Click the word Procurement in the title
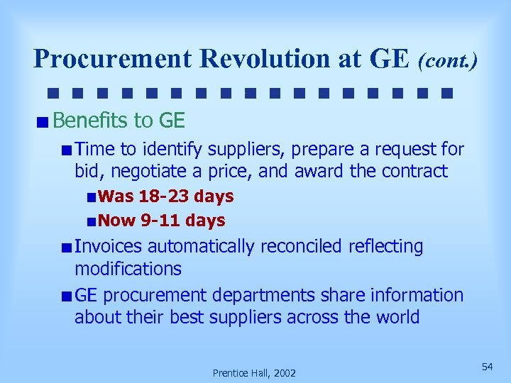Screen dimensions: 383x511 [x=113, y=59]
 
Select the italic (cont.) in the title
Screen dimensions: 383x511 [x=447, y=60]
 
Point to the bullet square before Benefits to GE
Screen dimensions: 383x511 [x=44, y=122]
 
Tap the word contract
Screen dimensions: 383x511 [x=415, y=172]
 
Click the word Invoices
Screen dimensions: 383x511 [x=108, y=247]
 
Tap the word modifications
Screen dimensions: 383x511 [x=128, y=269]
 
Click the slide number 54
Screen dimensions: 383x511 [x=487, y=366]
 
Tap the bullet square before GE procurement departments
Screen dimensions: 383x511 [x=65, y=296]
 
